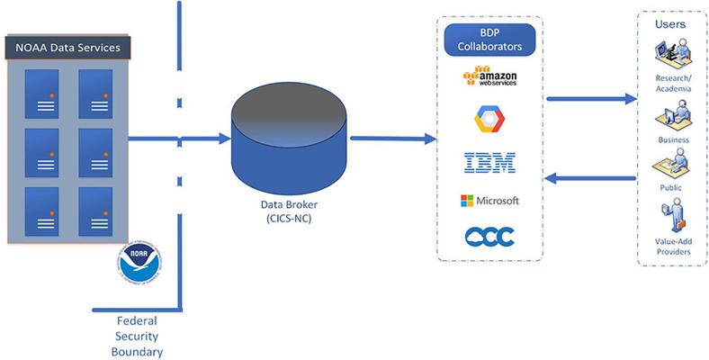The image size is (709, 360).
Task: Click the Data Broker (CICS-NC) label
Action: (288, 209)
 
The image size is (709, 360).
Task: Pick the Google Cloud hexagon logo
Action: (490, 119)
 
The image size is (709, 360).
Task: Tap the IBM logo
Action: (490, 162)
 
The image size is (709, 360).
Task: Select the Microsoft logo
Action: (490, 200)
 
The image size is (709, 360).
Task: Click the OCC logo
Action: (490, 236)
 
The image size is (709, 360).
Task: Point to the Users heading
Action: (673, 23)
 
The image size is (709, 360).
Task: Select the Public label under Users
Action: (673, 188)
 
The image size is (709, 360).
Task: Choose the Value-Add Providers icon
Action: (673, 218)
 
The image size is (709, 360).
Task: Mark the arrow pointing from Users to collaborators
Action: (590, 179)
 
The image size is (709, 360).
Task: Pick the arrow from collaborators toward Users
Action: (590, 98)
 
